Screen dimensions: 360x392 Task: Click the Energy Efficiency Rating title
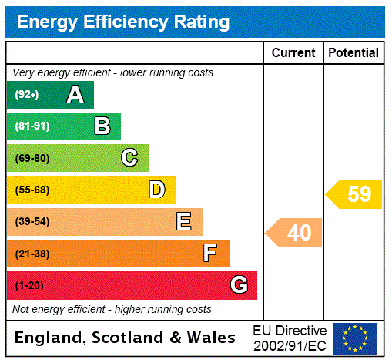click(x=122, y=22)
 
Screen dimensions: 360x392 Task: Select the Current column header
click(x=293, y=53)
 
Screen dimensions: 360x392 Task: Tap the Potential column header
click(x=353, y=53)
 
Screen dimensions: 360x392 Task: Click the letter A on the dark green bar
click(x=75, y=95)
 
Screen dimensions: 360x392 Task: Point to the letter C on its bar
click(x=129, y=158)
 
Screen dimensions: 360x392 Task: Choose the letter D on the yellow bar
click(x=156, y=190)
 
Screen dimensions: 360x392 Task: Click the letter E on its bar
click(x=184, y=222)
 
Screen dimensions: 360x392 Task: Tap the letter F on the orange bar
click(x=210, y=253)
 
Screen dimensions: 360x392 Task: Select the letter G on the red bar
click(x=239, y=285)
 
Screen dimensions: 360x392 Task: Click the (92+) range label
click(x=27, y=96)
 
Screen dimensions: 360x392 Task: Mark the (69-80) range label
click(x=32, y=159)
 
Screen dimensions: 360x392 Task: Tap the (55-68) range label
click(x=32, y=190)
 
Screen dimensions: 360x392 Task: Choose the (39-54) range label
click(x=32, y=222)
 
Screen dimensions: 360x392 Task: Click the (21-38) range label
click(x=32, y=254)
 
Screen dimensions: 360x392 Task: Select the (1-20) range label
click(x=29, y=286)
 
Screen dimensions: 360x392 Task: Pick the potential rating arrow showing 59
click(x=354, y=194)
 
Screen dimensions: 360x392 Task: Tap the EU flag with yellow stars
click(x=355, y=338)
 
